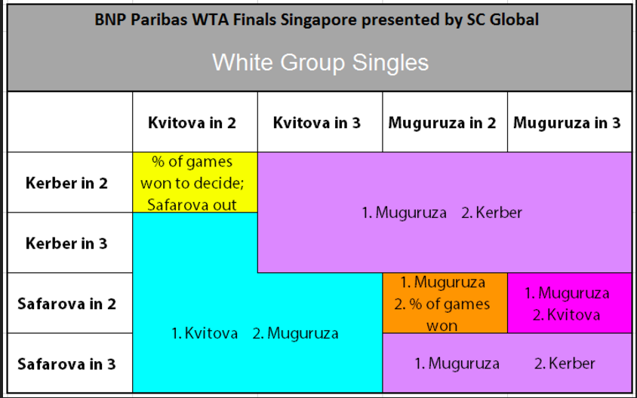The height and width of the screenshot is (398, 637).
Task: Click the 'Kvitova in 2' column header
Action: point(192,123)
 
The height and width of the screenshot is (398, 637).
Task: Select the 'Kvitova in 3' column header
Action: point(317,123)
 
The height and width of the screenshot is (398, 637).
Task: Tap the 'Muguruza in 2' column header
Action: point(442,123)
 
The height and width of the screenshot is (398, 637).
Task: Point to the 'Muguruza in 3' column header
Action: point(567,123)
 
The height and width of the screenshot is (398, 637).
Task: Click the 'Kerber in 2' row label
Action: point(66,183)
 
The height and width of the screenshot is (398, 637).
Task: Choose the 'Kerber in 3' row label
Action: point(66,243)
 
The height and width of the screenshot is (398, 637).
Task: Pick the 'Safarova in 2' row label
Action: point(66,304)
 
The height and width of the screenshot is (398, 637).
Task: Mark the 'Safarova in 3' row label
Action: point(66,364)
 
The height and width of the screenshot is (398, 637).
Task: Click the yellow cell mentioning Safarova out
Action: point(195,182)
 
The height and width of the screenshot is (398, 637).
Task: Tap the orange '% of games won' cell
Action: point(445,303)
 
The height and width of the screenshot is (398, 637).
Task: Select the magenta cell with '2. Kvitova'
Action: point(570,303)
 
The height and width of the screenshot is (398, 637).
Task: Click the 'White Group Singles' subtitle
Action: point(321,63)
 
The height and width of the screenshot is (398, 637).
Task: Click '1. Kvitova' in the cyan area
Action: point(205,333)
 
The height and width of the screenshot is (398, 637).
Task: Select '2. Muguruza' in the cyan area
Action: point(295,333)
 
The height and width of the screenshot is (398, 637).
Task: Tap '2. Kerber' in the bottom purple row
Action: point(565,363)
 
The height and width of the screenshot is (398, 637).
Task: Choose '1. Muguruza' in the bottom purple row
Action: point(457,363)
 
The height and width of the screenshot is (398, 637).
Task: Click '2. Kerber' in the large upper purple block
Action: point(491,213)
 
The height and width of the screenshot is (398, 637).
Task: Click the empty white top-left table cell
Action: point(70,122)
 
